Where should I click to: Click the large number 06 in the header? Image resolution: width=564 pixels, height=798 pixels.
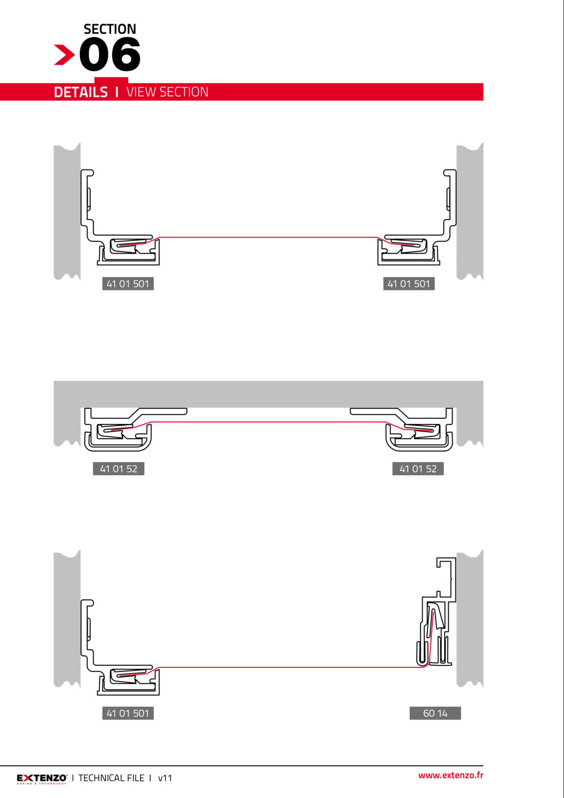(x=110, y=54)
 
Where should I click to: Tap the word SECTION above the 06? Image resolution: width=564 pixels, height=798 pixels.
(x=110, y=29)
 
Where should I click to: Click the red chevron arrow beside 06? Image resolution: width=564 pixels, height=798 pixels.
(x=64, y=55)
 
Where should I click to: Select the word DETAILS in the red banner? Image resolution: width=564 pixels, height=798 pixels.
(x=81, y=92)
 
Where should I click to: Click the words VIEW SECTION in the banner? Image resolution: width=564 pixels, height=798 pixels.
(x=167, y=92)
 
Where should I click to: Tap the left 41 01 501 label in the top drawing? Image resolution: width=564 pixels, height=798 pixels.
(x=128, y=284)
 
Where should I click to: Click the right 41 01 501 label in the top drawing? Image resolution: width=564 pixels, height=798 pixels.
(x=409, y=284)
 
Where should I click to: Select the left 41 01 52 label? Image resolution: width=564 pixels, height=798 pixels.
(x=118, y=469)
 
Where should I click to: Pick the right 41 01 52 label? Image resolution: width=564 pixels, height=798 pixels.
(x=418, y=469)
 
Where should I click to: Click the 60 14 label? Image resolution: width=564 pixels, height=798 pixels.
(x=435, y=713)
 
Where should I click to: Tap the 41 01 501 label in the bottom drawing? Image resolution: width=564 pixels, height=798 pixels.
(x=128, y=713)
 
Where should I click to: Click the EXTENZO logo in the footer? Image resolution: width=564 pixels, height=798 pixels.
(x=42, y=778)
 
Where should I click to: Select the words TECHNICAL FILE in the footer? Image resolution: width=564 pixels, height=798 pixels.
(x=111, y=778)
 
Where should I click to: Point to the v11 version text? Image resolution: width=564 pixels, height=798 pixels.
(x=165, y=778)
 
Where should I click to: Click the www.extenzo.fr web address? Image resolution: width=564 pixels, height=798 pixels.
(x=451, y=775)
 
